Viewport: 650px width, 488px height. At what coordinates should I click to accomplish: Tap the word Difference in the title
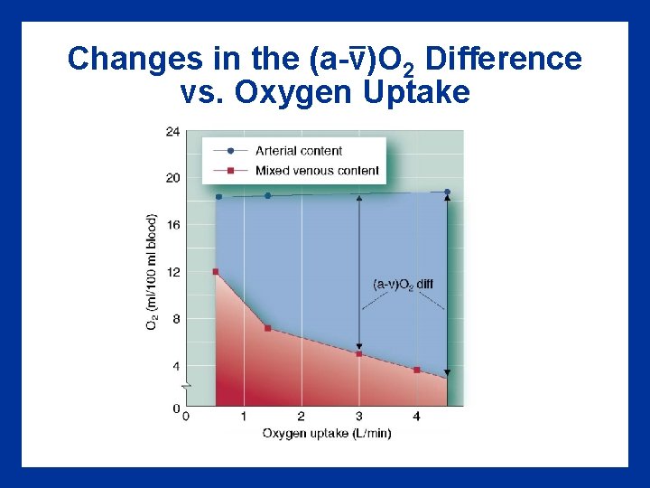503,60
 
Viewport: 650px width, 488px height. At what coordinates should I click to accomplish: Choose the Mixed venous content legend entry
316,170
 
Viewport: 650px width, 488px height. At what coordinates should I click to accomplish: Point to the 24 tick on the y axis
172,131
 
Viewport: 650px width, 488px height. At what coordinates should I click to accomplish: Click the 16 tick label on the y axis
172,224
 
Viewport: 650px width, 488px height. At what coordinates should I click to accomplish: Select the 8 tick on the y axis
175,318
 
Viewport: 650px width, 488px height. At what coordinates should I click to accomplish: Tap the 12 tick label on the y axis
172,271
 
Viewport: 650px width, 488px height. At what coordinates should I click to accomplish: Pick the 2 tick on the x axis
301,417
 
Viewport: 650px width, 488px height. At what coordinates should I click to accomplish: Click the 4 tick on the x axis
416,417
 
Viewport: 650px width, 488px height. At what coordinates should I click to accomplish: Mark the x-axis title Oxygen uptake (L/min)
327,433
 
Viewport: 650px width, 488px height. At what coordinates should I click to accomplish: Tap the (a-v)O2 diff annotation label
403,284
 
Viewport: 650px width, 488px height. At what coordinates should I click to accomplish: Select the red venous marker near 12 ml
215,271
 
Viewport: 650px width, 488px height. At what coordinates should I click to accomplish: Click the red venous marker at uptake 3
358,353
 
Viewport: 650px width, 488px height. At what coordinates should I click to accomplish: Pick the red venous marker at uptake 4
416,370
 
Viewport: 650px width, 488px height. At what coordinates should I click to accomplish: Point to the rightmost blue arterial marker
447,192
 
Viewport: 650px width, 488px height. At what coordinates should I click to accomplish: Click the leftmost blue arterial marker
218,196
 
